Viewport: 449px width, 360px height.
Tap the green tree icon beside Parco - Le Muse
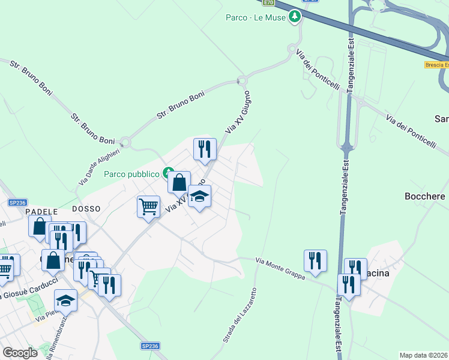(294, 17)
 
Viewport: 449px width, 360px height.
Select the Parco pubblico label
(131, 174)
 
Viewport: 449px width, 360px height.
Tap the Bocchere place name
(425, 196)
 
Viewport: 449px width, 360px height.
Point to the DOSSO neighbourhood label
(86, 208)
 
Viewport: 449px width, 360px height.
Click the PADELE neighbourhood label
(41, 211)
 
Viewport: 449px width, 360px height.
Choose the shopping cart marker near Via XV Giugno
(148, 206)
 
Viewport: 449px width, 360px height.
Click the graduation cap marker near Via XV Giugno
(200, 196)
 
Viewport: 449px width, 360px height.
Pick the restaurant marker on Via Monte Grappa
(315, 260)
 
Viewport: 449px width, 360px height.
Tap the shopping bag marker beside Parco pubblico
(179, 182)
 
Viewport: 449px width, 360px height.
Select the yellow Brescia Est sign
(436, 64)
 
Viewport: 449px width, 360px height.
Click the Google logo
(20, 352)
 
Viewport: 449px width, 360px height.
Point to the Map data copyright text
(424, 355)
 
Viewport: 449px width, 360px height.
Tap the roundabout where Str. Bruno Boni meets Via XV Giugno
(242, 80)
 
